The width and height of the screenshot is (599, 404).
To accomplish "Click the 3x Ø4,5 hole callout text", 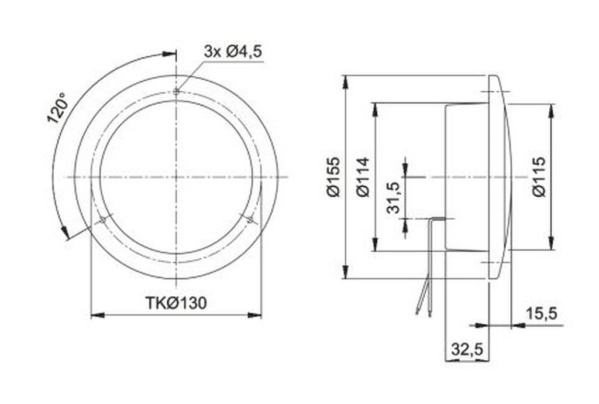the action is click(233, 51).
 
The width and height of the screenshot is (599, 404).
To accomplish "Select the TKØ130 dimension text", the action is click(176, 303).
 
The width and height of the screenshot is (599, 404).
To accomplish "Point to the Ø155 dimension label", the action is click(333, 177).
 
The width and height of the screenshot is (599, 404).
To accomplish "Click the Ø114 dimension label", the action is click(363, 177).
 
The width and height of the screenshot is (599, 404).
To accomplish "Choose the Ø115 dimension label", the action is click(539, 177).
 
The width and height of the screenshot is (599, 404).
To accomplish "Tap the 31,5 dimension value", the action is click(393, 198).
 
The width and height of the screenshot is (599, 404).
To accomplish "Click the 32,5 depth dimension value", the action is click(467, 349).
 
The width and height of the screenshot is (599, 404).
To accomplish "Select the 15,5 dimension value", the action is click(542, 314).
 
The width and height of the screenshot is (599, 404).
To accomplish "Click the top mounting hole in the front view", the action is click(176, 92).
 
